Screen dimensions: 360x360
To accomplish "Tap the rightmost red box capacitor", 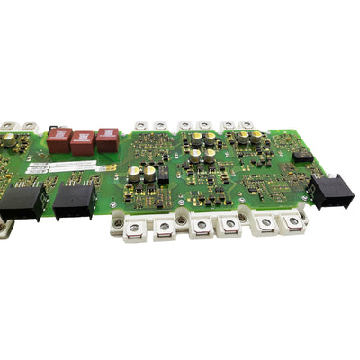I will (107, 138).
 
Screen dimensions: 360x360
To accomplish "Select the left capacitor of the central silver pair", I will (134, 172).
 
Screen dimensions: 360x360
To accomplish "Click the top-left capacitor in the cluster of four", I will (196, 140).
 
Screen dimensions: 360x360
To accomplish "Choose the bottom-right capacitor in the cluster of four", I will (210, 156).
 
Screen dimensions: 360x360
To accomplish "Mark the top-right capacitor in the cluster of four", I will (210, 139).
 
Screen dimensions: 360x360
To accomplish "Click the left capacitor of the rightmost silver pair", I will (243, 139).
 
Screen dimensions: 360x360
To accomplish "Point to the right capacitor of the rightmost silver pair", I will (256, 137).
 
